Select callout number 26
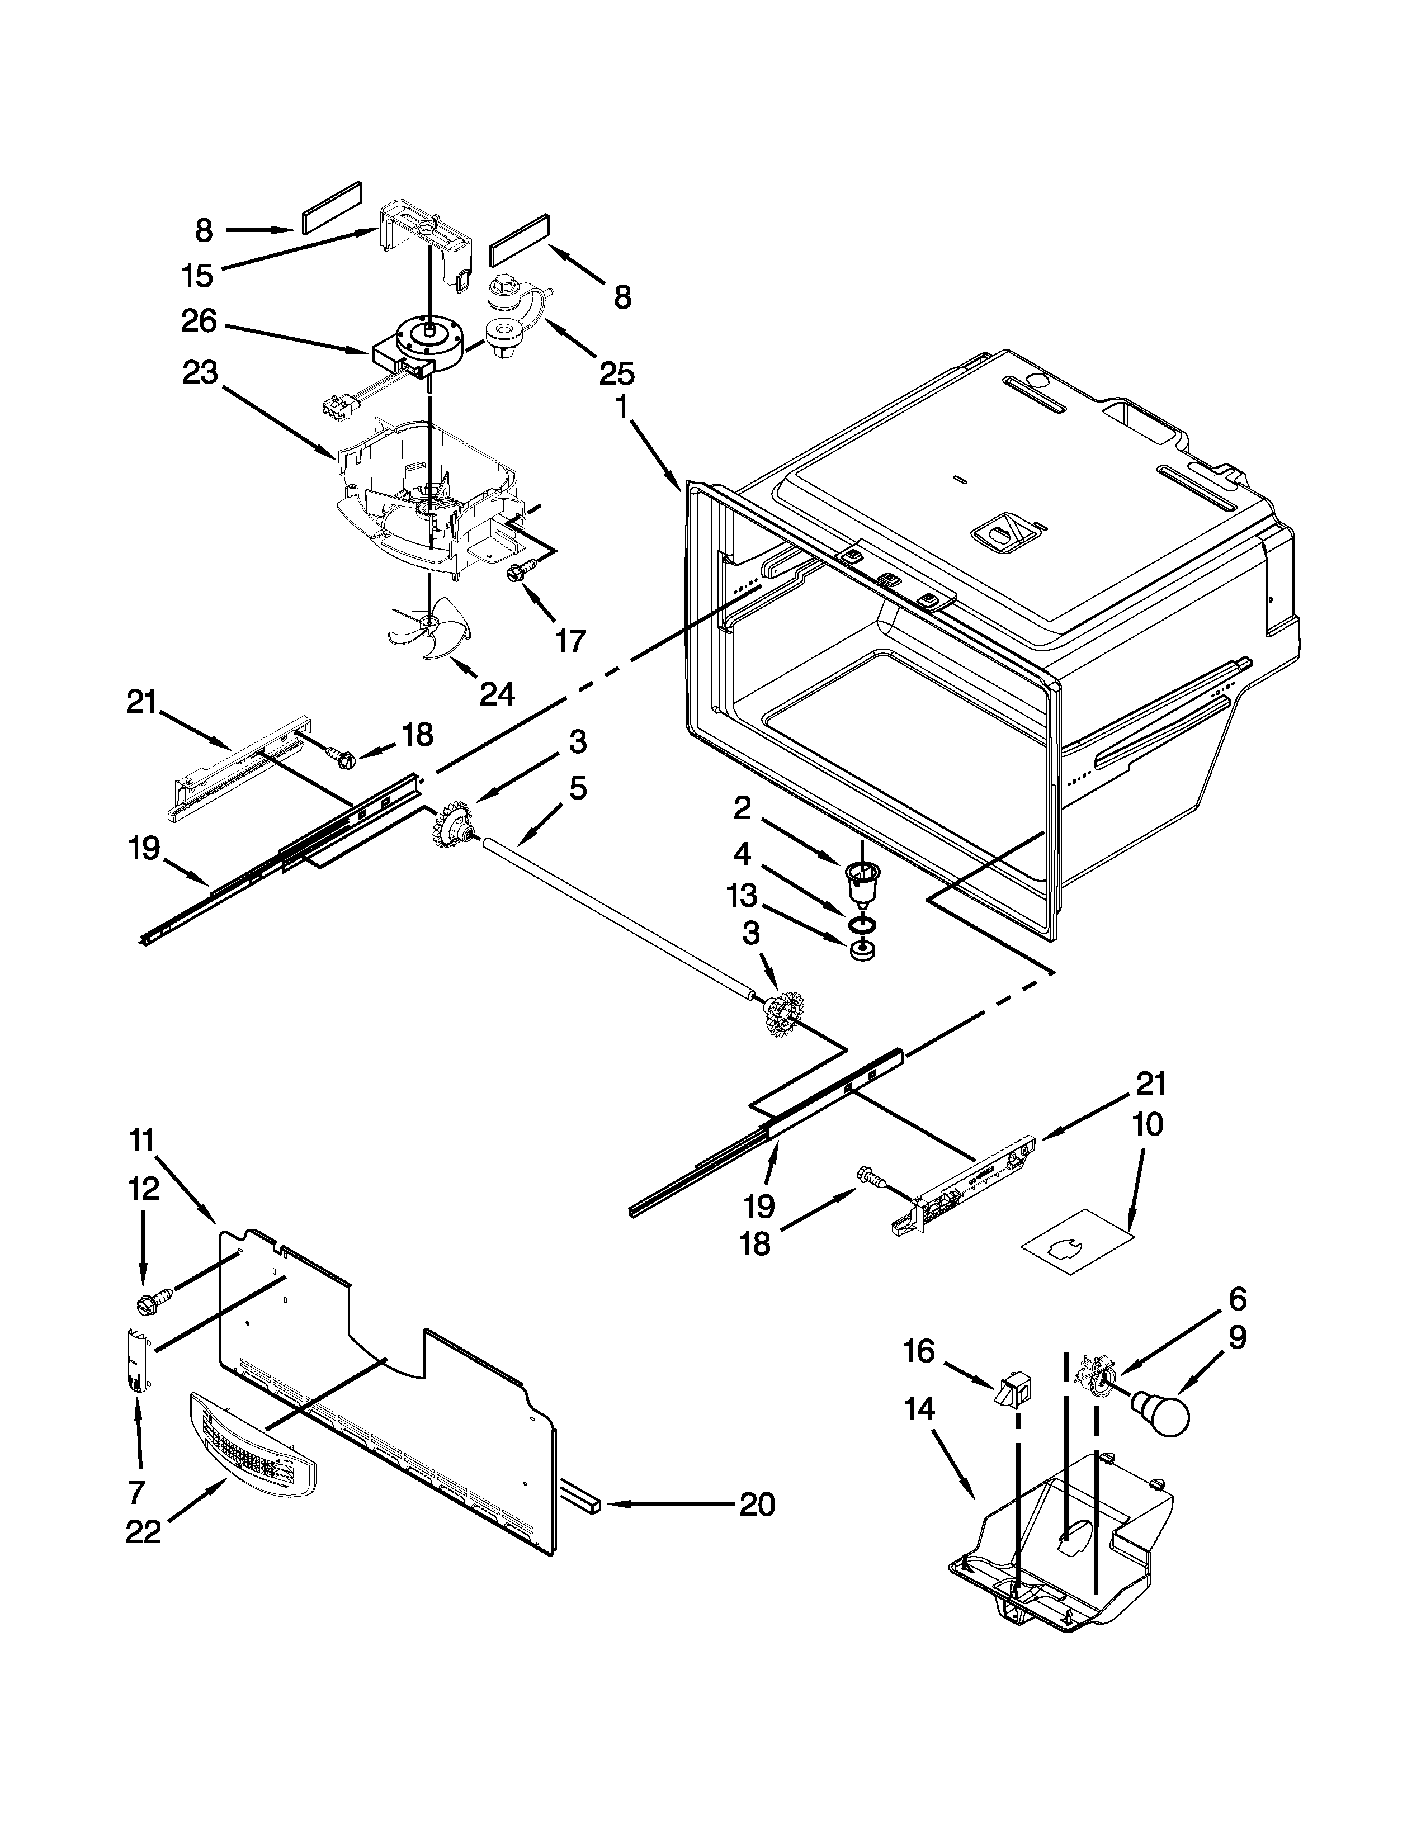coord(200,320)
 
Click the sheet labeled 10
coord(1075,1248)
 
